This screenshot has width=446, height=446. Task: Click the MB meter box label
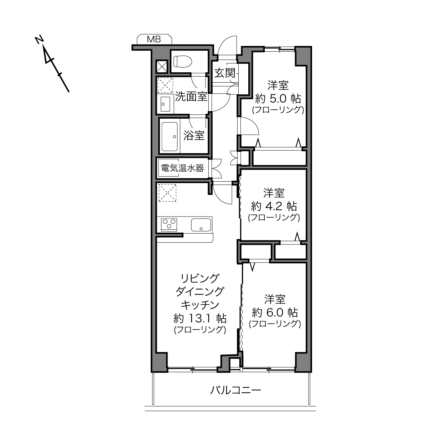154,39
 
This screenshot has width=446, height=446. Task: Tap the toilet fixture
183,62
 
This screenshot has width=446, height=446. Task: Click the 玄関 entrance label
225,73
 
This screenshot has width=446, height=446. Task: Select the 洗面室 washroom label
191,97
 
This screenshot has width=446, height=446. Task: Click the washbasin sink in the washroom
165,104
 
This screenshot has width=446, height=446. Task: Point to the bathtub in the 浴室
170,136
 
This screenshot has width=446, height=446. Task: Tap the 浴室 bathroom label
194,135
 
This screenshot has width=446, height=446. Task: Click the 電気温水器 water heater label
182,168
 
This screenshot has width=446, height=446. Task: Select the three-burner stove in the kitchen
169,224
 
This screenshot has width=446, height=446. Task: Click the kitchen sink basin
201,225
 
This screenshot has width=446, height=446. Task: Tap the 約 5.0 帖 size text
278,99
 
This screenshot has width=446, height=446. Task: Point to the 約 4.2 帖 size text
274,206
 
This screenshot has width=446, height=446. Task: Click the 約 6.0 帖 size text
275,313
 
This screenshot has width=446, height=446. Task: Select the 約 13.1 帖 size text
200,318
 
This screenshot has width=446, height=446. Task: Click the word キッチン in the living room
200,305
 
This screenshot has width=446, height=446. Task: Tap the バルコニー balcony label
235,390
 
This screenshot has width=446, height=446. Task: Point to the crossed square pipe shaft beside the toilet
162,66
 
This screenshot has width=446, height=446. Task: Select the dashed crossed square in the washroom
165,85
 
